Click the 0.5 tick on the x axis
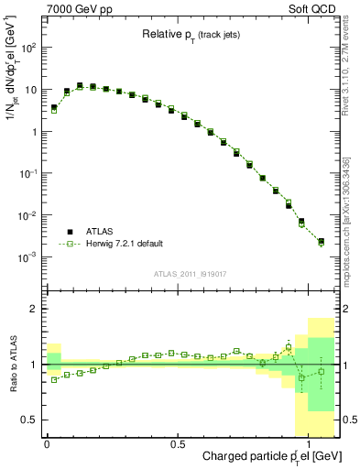tap(178, 443)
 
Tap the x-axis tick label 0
tap(47, 443)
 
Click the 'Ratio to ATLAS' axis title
tap(11, 364)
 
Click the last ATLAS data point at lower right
tap(321, 242)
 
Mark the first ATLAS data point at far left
tap(54, 108)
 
